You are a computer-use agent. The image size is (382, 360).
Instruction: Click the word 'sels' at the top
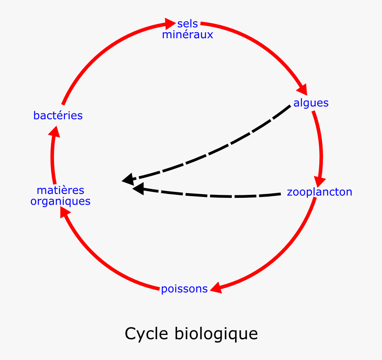[188, 24]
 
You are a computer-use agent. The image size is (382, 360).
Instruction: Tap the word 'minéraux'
[187, 35]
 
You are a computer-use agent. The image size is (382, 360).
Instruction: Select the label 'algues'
[311, 103]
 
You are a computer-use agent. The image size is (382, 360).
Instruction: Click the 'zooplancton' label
[319, 192]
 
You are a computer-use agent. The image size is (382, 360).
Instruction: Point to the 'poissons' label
[184, 289]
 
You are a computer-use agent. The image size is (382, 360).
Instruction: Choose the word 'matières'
[60, 190]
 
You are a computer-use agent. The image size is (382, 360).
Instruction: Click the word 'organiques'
[60, 201]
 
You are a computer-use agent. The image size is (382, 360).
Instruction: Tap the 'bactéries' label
[58, 115]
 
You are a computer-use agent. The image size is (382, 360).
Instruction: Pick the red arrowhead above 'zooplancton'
[319, 180]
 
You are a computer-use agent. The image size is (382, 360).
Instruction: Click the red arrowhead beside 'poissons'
[216, 287]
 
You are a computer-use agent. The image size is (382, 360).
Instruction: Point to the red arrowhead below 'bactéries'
[54, 132]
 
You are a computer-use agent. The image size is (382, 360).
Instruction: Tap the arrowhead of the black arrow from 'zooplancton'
[138, 188]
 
